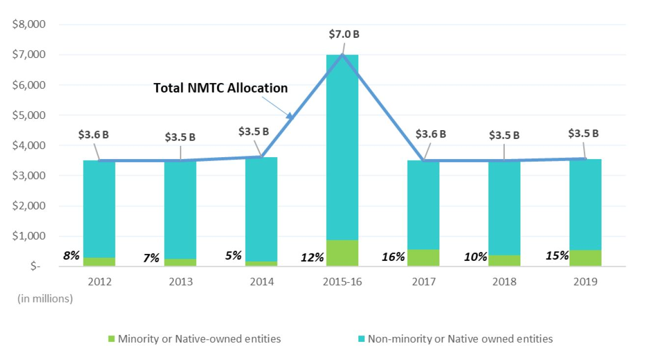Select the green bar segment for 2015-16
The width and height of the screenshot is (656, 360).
(x=342, y=253)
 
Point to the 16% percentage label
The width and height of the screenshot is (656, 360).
(x=394, y=256)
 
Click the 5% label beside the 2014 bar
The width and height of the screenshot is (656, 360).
(x=234, y=255)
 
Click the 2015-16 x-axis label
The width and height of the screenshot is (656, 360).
(x=342, y=282)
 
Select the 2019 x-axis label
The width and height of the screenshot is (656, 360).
(x=585, y=282)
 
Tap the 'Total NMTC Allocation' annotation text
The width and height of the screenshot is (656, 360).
(x=220, y=88)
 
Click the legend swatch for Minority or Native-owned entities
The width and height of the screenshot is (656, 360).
(x=110, y=339)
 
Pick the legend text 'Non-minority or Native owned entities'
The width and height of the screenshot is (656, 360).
(x=460, y=339)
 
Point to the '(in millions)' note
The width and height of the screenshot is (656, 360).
(x=45, y=299)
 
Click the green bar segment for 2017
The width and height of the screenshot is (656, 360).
(x=423, y=258)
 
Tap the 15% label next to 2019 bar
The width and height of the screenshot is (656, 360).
(x=557, y=255)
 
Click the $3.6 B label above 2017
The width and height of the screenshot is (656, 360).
(x=431, y=134)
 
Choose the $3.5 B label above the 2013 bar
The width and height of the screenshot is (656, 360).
(x=180, y=137)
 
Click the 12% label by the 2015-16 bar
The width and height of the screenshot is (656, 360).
(x=312, y=257)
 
